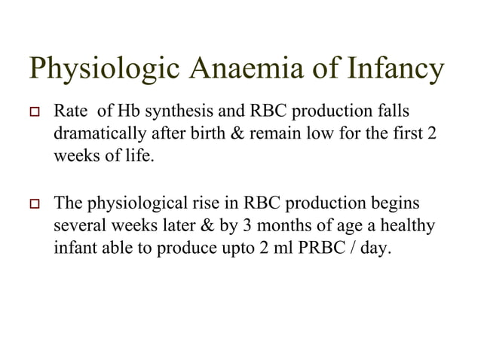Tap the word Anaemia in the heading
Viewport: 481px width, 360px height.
[234, 72]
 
